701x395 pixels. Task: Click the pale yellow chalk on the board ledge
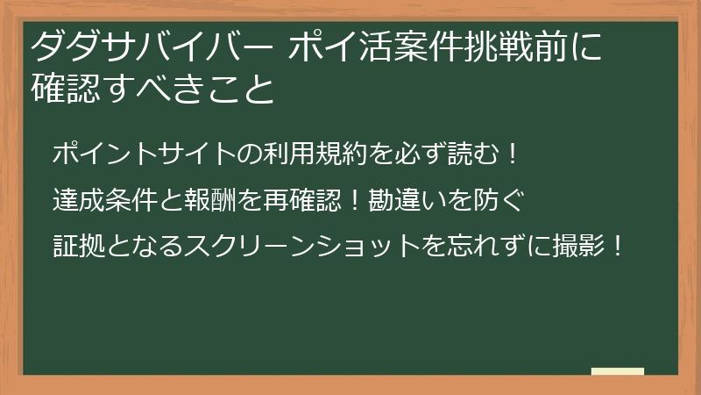(618, 371)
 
